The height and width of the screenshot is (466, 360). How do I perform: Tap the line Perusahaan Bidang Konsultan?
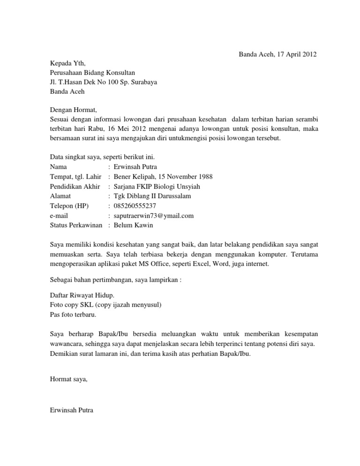(92, 73)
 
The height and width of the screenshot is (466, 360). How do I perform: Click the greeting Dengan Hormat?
(72, 110)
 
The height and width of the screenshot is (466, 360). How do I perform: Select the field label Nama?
(58, 166)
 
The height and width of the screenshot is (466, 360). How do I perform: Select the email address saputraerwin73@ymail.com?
(154, 216)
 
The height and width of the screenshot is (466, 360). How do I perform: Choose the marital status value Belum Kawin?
(133, 225)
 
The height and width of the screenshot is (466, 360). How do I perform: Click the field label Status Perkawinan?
(76, 225)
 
